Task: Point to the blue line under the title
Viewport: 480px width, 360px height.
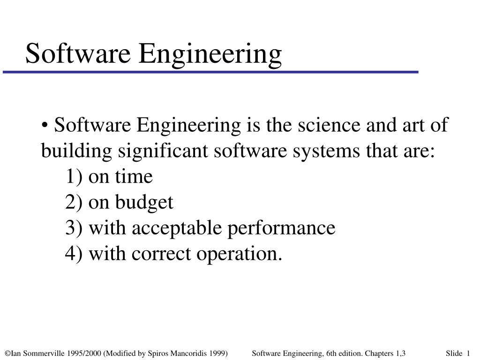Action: coord(211,72)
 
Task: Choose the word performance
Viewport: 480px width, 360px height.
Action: coord(281,228)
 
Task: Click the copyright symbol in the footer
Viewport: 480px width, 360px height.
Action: coord(7,352)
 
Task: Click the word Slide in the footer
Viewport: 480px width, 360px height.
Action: coord(454,352)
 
